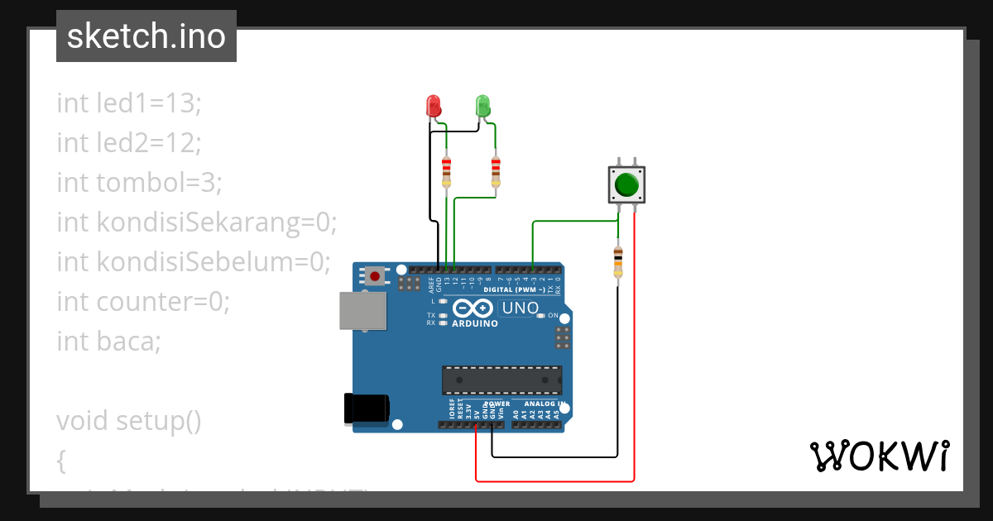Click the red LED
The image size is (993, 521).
click(433, 106)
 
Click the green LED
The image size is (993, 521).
click(483, 106)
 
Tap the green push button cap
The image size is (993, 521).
click(627, 185)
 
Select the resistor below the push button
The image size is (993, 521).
click(617, 263)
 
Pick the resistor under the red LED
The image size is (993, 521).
click(447, 171)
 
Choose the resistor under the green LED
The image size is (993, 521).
click(496, 171)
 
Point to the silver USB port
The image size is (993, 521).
click(362, 311)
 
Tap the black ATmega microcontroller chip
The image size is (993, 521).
click(501, 380)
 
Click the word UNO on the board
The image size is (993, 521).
click(520, 308)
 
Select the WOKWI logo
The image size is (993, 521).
click(879, 456)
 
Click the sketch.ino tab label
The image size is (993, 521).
click(146, 36)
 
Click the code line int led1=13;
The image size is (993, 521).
click(129, 103)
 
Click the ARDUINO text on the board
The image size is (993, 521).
click(475, 323)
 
